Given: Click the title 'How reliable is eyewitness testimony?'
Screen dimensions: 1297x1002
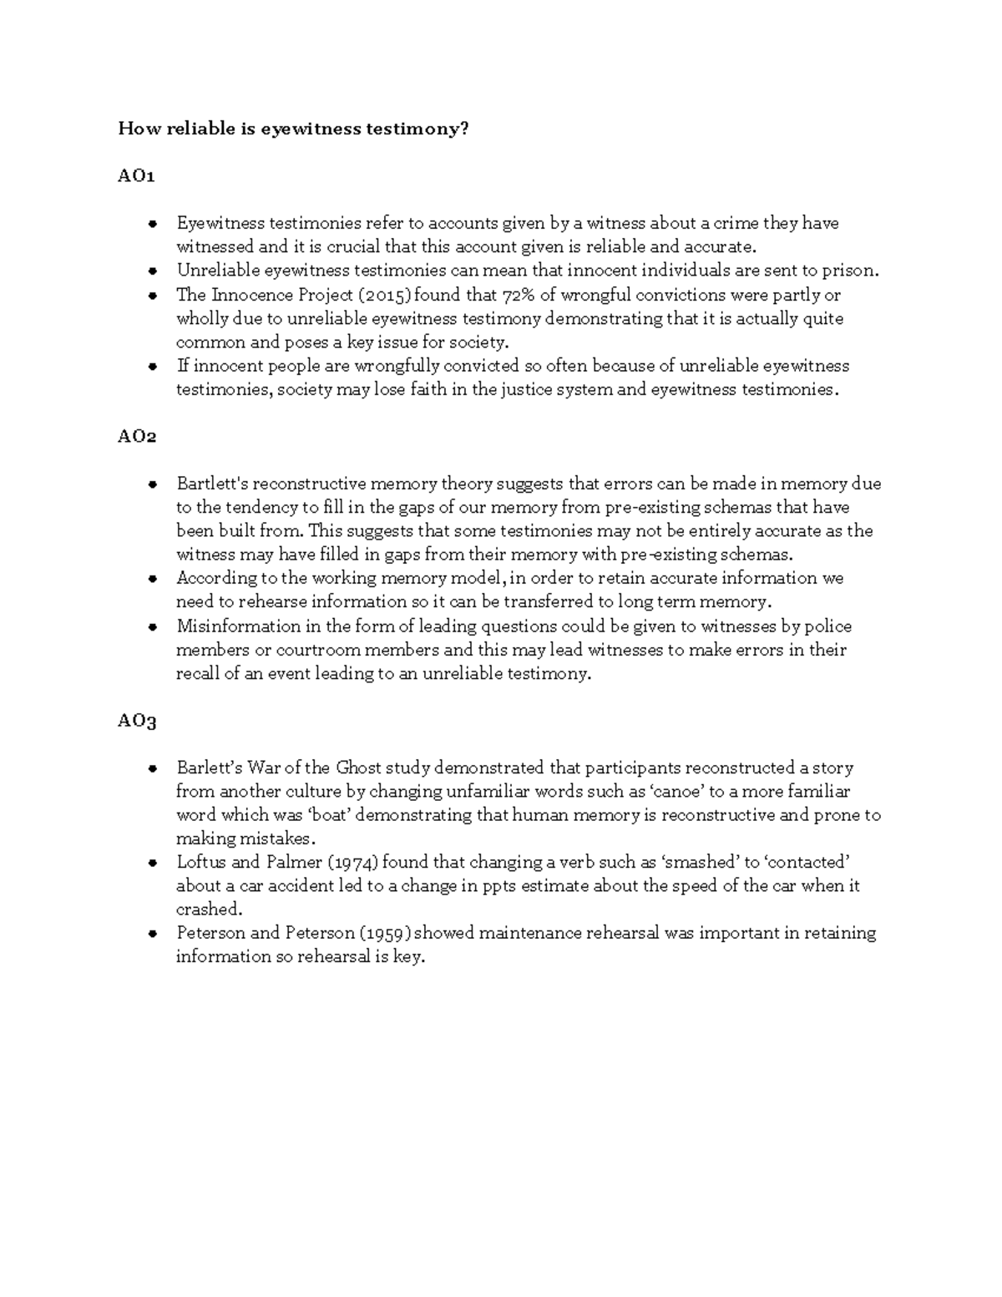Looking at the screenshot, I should coord(293,129).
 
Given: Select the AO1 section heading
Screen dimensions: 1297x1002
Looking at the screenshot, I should coord(136,176).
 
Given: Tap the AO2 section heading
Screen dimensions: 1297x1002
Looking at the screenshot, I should coord(137,437).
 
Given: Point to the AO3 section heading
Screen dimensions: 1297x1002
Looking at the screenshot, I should coord(137,721).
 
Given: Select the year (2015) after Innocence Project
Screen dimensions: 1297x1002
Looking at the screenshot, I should coord(378,295).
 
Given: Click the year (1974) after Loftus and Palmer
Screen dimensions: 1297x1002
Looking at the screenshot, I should coord(353,862).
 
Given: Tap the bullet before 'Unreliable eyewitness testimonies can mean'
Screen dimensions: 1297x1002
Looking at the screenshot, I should coord(153,271).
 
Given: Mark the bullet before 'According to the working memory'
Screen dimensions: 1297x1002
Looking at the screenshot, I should coord(153,579).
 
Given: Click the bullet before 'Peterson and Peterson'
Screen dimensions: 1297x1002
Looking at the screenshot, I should coord(153,934).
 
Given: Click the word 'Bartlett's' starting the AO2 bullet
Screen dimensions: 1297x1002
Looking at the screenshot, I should coord(212,484).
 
